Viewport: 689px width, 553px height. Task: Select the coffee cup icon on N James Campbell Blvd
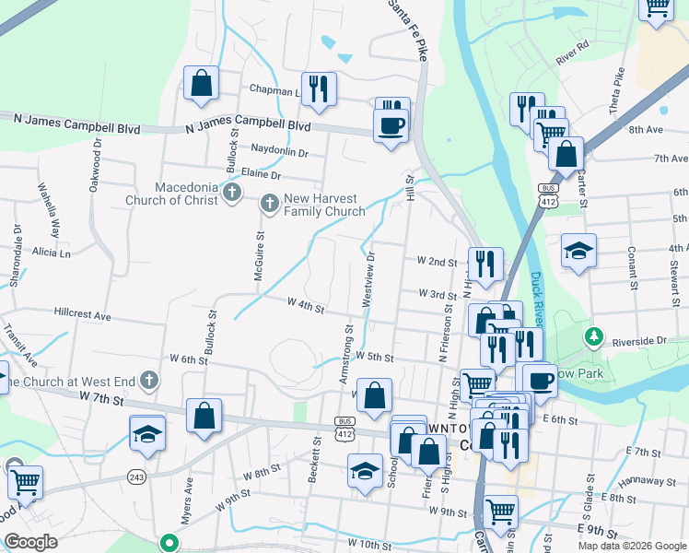(391, 125)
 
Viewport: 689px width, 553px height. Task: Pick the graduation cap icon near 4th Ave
(578, 251)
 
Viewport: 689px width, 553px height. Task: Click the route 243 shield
(136, 477)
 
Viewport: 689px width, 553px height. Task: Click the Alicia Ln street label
(52, 252)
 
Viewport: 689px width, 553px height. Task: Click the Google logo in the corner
(30, 543)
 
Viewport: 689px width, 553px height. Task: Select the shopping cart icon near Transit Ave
(24, 480)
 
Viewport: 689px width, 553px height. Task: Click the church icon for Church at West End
(151, 381)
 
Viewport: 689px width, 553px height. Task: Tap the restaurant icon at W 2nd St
(485, 265)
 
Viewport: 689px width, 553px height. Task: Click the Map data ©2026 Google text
(631, 546)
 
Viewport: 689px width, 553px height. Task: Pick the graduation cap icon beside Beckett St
(365, 471)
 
